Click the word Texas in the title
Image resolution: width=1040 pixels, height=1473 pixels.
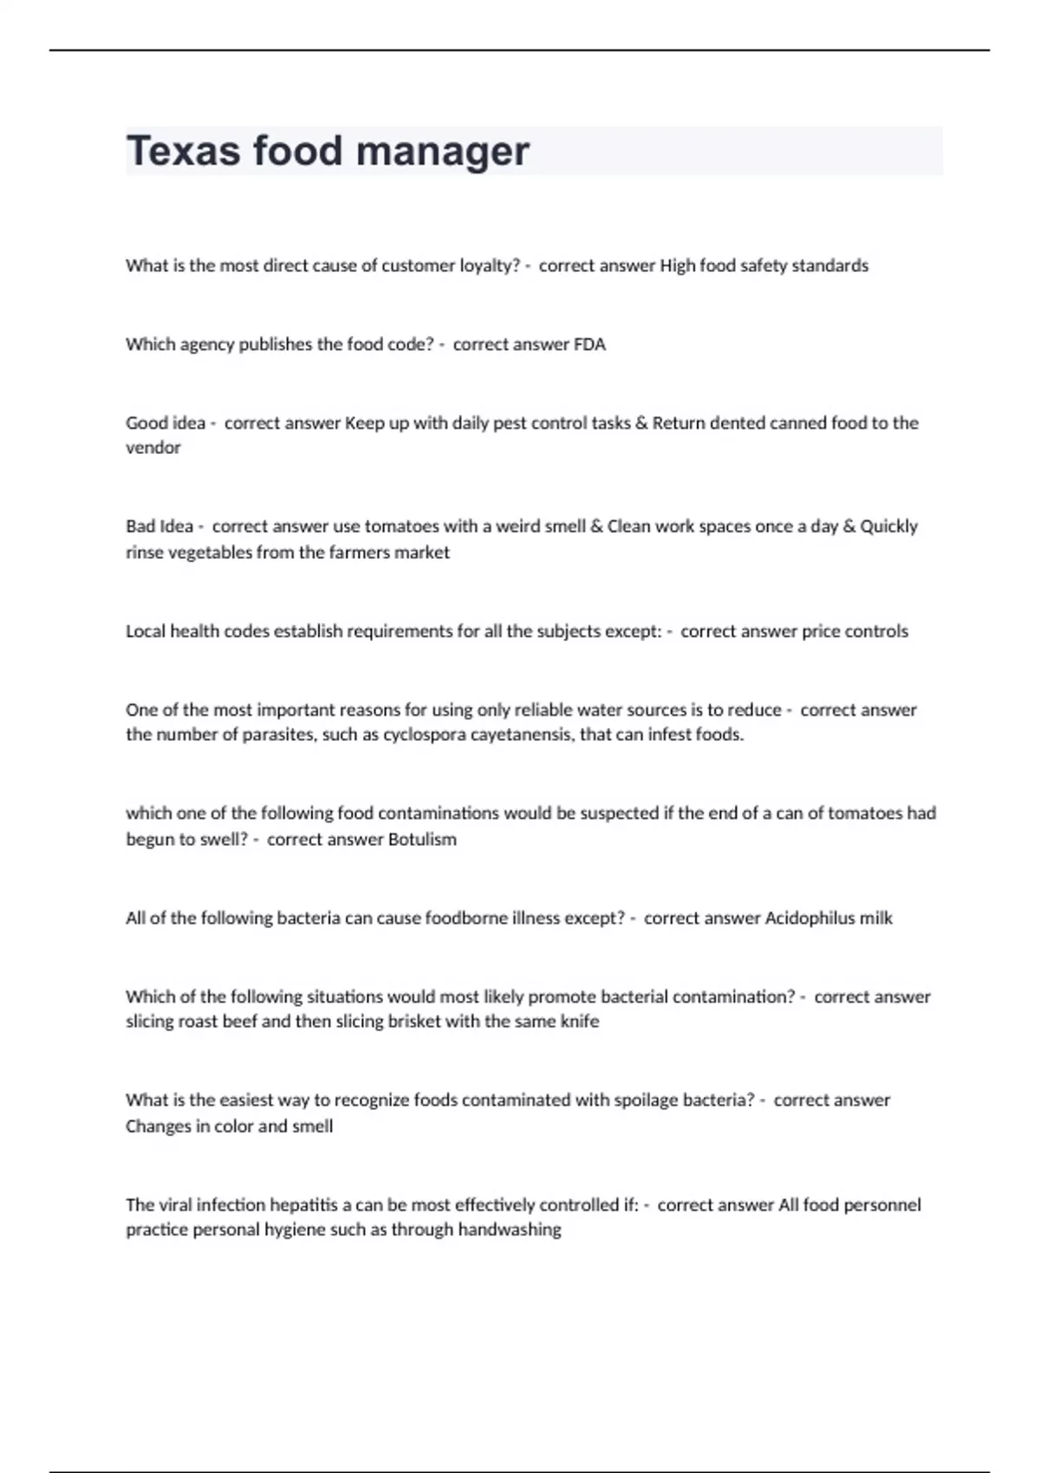[183, 151]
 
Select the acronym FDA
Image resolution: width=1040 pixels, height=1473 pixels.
[589, 344]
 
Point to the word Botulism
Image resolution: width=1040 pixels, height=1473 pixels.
[422, 839]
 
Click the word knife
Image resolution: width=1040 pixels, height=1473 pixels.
[580, 1022]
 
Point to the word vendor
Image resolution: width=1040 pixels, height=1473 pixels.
[153, 448]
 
